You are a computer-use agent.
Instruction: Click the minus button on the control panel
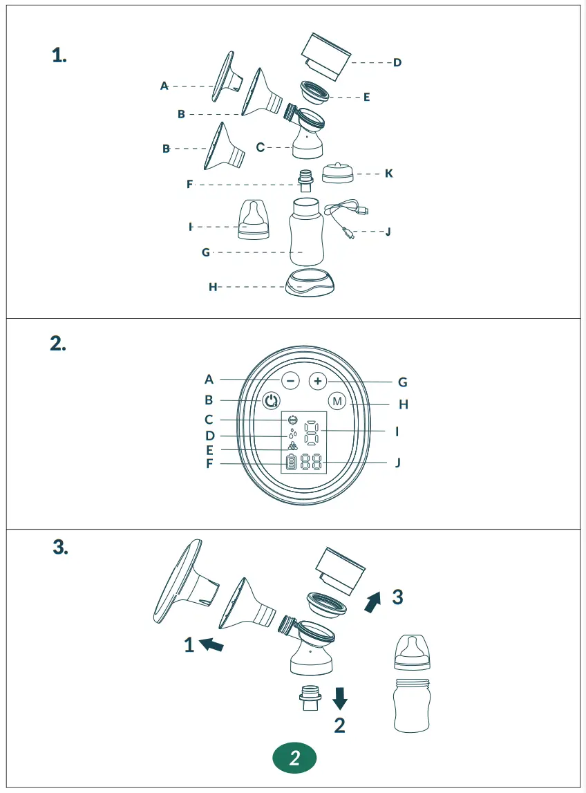[290, 381]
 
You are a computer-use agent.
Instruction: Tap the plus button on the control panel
[317, 381]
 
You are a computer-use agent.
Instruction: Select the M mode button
[337, 401]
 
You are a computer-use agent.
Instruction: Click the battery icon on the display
[291, 463]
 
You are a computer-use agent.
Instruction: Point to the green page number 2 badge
[294, 758]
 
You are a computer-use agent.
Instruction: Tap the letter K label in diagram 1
[388, 174]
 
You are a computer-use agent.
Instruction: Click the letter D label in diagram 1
[397, 62]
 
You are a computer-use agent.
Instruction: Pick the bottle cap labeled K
[338, 173]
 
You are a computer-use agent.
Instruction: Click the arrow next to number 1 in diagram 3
[211, 644]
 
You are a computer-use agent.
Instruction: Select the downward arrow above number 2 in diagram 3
[340, 698]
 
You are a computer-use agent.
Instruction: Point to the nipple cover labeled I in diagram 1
[254, 220]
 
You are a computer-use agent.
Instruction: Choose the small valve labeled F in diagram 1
[305, 181]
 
